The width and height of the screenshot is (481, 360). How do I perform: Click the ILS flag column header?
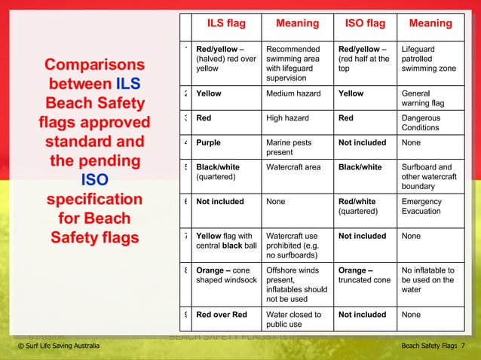coord(226,23)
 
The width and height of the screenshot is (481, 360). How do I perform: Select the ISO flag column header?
coord(365,23)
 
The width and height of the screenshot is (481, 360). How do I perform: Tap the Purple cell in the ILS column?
coord(209,142)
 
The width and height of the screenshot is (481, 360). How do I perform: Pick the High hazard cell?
coord(289,118)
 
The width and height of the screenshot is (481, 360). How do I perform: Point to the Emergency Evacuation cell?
coord(421,207)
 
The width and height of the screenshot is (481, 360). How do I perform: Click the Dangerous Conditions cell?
coord(425,123)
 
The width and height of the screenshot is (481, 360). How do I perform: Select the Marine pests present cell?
coord(287,147)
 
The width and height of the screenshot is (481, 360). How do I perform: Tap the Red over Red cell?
coord(221,315)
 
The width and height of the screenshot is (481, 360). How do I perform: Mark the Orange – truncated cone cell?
coord(365,275)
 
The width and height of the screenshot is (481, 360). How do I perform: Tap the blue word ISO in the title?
coord(94,180)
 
